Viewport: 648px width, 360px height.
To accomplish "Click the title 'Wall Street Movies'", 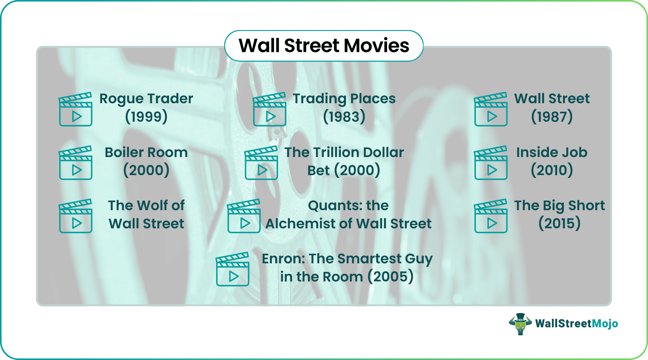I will [x=324, y=46].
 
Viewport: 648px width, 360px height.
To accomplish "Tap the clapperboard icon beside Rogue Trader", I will [x=76, y=109].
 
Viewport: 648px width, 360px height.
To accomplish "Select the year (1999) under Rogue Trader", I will [x=146, y=117].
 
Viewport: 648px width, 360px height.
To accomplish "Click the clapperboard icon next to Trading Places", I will [x=269, y=109].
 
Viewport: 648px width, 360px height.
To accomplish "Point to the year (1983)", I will [x=344, y=117].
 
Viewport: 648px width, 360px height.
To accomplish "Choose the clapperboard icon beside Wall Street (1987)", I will [x=491, y=109].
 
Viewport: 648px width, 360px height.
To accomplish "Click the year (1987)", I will [x=552, y=117].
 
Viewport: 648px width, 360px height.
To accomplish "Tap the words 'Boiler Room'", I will [x=146, y=152].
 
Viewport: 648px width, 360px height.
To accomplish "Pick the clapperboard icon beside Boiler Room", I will [x=76, y=163].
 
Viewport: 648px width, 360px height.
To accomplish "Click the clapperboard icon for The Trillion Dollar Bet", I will [x=261, y=163].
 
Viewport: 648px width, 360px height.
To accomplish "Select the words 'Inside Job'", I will [x=552, y=152].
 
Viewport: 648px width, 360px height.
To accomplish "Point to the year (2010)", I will [x=552, y=170].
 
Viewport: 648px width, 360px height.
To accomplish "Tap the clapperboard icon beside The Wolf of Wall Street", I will [x=76, y=216].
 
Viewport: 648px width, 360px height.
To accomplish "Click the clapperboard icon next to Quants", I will [x=244, y=216].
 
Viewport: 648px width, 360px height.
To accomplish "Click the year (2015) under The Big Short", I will [x=560, y=223].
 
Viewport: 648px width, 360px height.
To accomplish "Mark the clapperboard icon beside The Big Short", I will [x=491, y=216].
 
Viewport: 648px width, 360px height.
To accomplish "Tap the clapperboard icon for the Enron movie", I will [x=232, y=269].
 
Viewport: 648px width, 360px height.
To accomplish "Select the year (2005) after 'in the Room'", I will [x=391, y=277].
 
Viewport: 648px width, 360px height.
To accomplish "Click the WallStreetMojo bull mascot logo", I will [x=520, y=324].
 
